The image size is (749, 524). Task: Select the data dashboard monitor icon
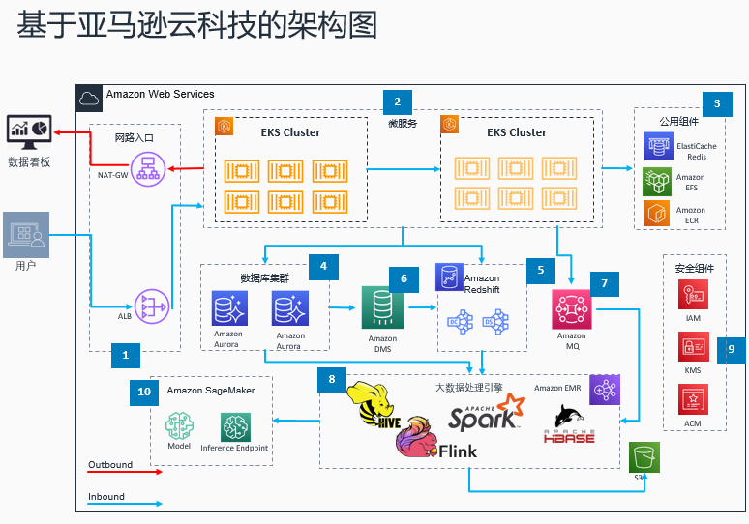pos(30,131)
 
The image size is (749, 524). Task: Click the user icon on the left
pos(25,234)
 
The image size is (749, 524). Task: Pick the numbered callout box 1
pos(124,356)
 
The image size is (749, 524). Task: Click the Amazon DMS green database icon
pos(381,307)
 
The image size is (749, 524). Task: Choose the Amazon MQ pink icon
pos(571,309)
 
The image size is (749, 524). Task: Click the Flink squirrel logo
pos(416,440)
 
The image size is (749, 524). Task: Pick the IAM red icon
pos(693,295)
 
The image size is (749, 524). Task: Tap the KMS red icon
pos(693,347)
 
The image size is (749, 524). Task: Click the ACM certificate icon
pos(693,400)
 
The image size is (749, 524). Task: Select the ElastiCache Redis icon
pos(658,147)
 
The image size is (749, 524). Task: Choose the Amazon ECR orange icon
pos(658,214)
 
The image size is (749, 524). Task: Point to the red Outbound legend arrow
pos(126,474)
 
